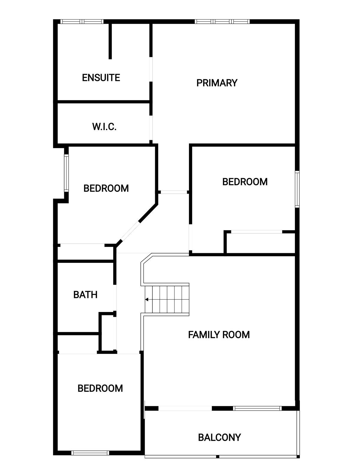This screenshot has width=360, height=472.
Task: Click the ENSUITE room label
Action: pyautogui.click(x=101, y=78)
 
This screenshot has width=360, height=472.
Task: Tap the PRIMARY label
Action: pyautogui.click(x=217, y=83)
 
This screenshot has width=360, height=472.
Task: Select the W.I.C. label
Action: pyautogui.click(x=104, y=127)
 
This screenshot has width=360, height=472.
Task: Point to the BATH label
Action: pyautogui.click(x=85, y=295)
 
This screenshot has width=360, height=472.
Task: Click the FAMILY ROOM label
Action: pyautogui.click(x=219, y=334)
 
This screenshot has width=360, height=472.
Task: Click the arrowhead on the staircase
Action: pyautogui.click(x=147, y=300)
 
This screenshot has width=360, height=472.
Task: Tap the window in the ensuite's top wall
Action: pyautogui.click(x=82, y=22)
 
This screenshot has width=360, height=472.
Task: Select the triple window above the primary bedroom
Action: pyautogui.click(x=222, y=22)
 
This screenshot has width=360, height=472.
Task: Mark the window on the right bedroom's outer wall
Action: pyautogui.click(x=297, y=189)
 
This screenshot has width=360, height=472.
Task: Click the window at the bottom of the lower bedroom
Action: pyautogui.click(x=90, y=453)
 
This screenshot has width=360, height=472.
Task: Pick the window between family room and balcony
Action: pyautogui.click(x=257, y=408)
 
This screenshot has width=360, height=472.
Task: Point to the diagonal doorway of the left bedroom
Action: pyautogui.click(x=130, y=231)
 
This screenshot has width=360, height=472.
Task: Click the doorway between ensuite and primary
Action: pyautogui.click(x=151, y=69)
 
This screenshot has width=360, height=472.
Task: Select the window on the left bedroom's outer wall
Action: pyautogui.click(x=66, y=173)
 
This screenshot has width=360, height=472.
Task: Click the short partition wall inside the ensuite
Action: pyautogui.click(x=110, y=41)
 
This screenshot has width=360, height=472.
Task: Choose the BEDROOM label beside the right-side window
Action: pyautogui.click(x=245, y=182)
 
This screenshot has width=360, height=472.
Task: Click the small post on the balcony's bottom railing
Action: pyautogui.click(x=218, y=456)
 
